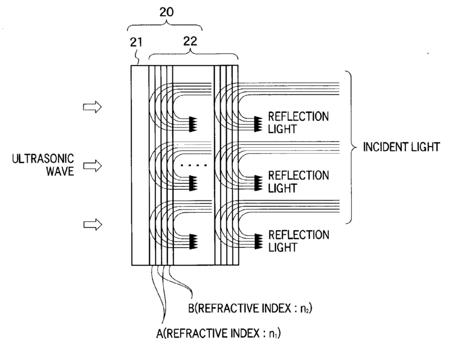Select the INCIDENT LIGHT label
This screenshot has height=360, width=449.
397,148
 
